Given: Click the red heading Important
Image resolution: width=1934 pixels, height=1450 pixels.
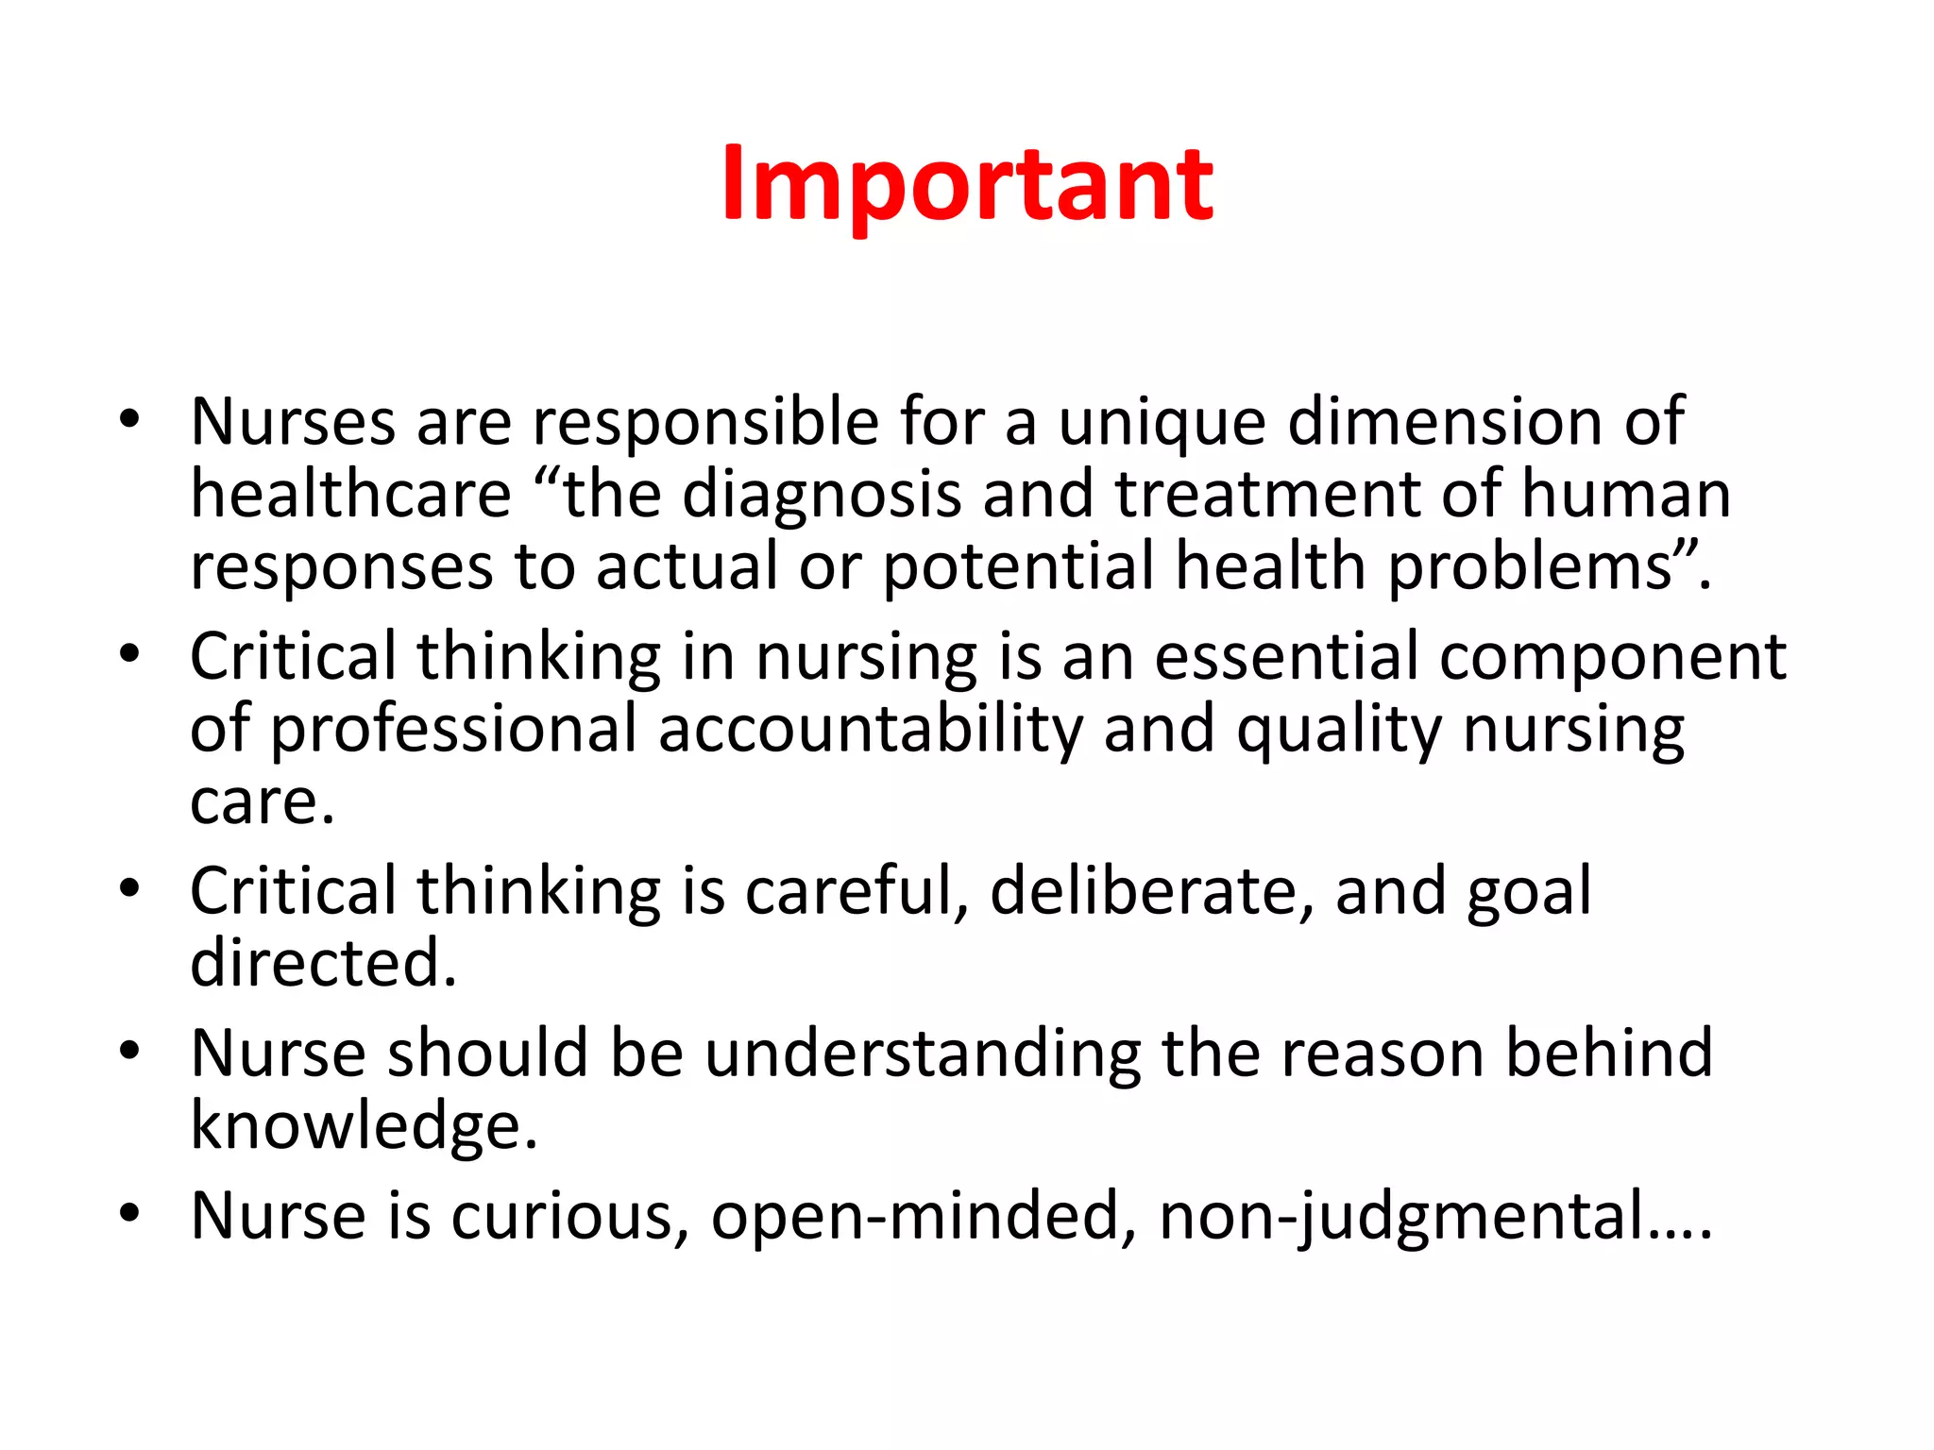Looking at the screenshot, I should pyautogui.click(x=967, y=185).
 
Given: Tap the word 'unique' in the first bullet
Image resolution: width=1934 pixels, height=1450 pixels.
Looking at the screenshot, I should pyautogui.click(x=1161, y=422).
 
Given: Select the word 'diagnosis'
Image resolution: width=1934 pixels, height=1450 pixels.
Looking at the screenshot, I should pyautogui.click(x=821, y=495).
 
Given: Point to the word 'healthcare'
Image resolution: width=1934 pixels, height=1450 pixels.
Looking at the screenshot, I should pyautogui.click(x=350, y=495).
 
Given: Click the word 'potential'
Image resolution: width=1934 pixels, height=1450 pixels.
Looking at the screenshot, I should pyautogui.click(x=1018, y=566).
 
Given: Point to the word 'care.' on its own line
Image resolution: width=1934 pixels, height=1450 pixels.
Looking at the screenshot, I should pyautogui.click(x=263, y=802).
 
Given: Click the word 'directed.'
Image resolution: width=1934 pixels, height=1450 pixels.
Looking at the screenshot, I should pyautogui.click(x=323, y=963).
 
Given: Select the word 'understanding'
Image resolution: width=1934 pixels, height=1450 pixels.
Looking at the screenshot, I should pyautogui.click(x=923, y=1054).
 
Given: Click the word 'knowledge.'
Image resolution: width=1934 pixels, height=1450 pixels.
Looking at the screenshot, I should pyautogui.click(x=364, y=1126).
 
